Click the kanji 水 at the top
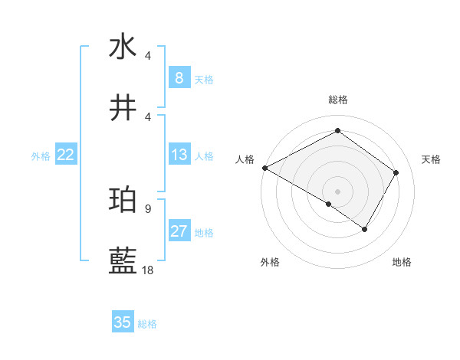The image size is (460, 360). click(x=123, y=47)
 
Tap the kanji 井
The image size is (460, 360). click(x=123, y=108)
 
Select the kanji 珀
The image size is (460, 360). click(x=123, y=200)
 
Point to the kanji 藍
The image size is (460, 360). click(x=123, y=261)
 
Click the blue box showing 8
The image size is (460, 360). click(x=179, y=78)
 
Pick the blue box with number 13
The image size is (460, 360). click(x=179, y=155)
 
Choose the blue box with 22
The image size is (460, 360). click(x=65, y=155)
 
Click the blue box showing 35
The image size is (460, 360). click(x=123, y=322)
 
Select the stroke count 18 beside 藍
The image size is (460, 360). click(x=147, y=270)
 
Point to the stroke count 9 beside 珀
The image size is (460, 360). click(x=147, y=208)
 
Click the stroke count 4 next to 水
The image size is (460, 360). click(x=147, y=55)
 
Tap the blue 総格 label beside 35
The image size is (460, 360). click(x=147, y=324)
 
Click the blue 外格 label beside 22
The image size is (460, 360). click(x=41, y=156)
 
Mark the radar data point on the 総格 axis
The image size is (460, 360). click(x=337, y=131)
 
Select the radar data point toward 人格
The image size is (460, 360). click(x=264, y=168)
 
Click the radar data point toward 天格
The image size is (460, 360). click(x=396, y=172)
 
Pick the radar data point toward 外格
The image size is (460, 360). click(x=329, y=204)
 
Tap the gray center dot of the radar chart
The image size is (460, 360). click(x=337, y=191)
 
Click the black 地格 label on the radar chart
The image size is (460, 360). click(x=402, y=263)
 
